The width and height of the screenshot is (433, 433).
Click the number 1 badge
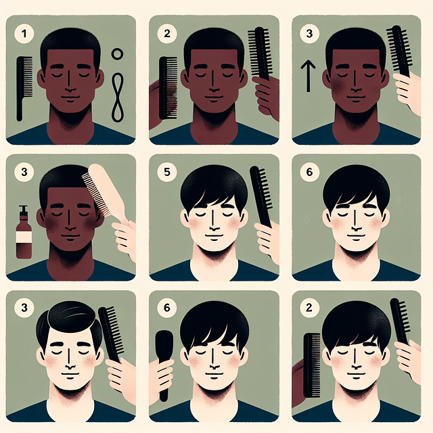pyautogui.click(x=24, y=32)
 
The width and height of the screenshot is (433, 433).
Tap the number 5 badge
pyautogui.click(x=166, y=171)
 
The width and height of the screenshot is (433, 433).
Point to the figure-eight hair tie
pyautogui.click(x=118, y=95)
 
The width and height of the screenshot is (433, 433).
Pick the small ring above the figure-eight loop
pyautogui.click(x=117, y=53)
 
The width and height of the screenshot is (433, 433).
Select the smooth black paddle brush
pyautogui.click(x=162, y=365)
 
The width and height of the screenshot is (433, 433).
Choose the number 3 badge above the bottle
pyautogui.click(x=24, y=172)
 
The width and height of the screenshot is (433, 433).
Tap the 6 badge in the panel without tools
pyautogui.click(x=309, y=172)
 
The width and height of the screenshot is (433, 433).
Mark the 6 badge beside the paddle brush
pyautogui.click(x=166, y=309)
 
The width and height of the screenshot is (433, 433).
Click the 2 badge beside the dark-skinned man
pyautogui.click(x=166, y=32)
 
